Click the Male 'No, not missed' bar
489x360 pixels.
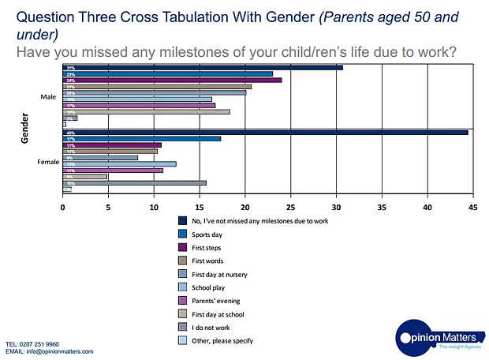203,68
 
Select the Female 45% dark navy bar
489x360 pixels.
265,132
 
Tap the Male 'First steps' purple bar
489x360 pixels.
172,80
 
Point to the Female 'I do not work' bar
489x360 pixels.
134,182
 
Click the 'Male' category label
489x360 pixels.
48,96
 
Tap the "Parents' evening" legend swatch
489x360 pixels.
183,301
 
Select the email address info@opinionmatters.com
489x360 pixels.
59,352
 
